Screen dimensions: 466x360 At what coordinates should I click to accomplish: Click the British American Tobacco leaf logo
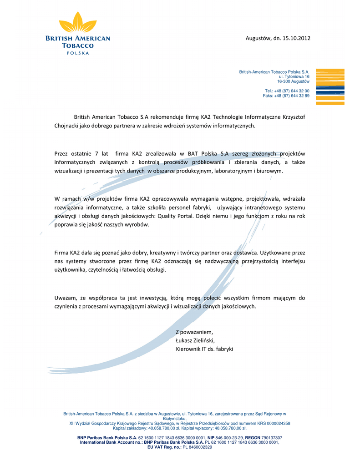tap(78, 23)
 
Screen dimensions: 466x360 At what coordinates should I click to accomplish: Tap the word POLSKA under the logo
tap(78, 53)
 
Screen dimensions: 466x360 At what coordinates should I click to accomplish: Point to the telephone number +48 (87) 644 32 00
tap(292, 91)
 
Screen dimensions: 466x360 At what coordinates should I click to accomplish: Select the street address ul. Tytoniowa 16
tap(294, 77)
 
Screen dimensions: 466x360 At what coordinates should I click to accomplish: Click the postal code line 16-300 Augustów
tap(293, 81)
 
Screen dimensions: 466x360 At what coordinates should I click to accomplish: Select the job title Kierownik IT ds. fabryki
tap(204, 349)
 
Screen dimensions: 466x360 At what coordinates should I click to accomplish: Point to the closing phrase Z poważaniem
tap(194, 331)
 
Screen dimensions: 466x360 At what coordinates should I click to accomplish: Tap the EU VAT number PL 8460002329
tap(198, 447)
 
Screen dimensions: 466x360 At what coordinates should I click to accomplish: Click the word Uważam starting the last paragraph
tap(65, 298)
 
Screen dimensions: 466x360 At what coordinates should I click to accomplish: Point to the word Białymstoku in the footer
tap(175, 419)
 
